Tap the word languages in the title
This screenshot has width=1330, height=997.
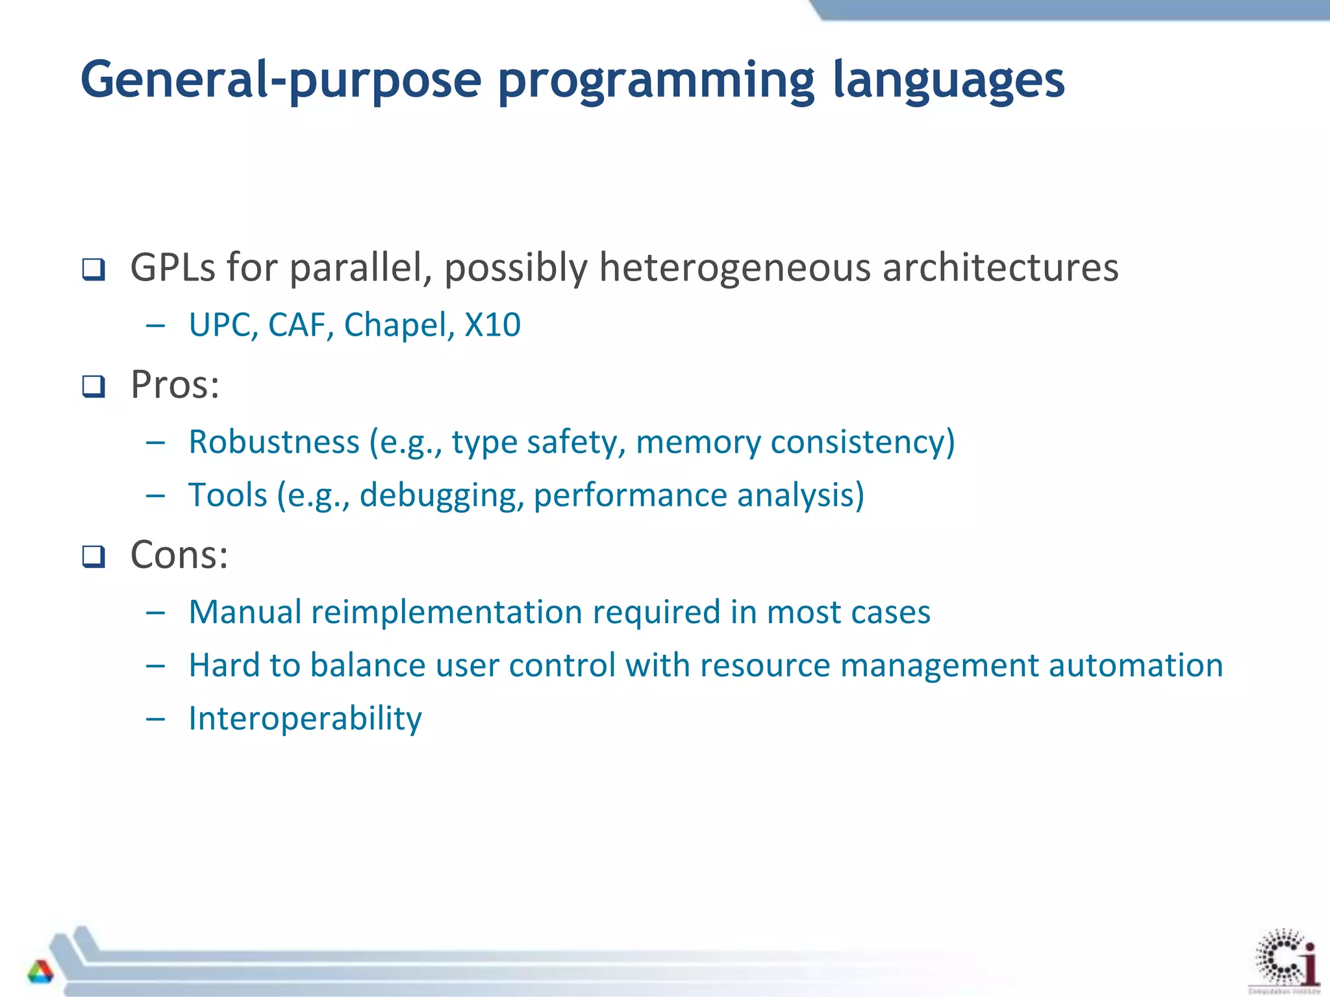click(x=948, y=81)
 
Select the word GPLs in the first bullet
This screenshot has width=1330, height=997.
click(x=172, y=267)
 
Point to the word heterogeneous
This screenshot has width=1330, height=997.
click(x=734, y=267)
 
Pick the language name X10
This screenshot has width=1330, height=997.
click(x=492, y=325)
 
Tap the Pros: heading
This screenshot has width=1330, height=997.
click(x=175, y=385)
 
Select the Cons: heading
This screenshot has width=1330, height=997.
click(x=179, y=556)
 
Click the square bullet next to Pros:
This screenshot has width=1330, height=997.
click(x=94, y=387)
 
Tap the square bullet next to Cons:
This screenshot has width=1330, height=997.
click(x=94, y=557)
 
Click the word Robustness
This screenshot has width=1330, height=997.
click(x=273, y=442)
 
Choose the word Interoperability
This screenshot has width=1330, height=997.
click(x=305, y=719)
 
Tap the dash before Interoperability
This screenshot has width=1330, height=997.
click(x=155, y=719)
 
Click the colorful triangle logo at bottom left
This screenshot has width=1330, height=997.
click(x=40, y=972)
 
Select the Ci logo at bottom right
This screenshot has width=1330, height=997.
click(x=1286, y=959)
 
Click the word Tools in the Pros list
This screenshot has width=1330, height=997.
click(x=227, y=495)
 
